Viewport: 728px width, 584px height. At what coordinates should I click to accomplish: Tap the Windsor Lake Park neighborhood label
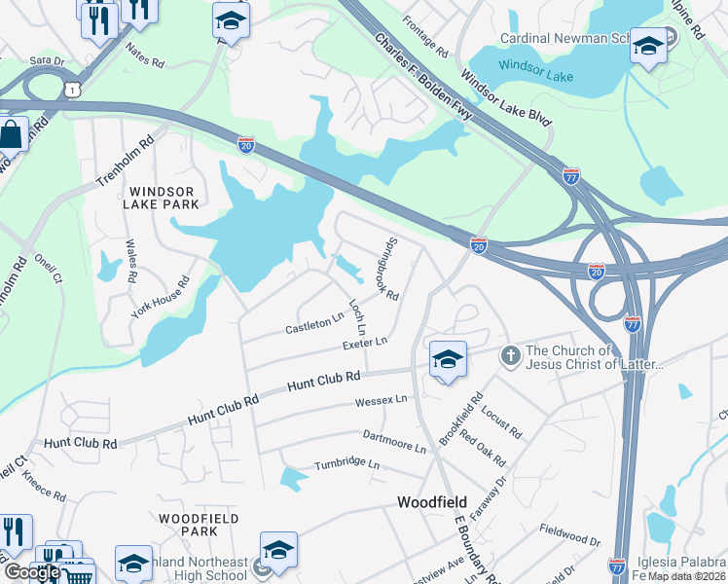click(162, 198)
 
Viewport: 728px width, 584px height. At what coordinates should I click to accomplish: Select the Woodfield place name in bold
click(435, 502)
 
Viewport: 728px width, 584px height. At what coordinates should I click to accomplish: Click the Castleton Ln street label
click(314, 322)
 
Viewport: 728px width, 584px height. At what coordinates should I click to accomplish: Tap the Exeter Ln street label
click(365, 344)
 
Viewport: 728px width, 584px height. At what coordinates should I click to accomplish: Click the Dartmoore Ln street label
click(394, 442)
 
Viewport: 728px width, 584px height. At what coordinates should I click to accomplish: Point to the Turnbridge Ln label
click(346, 465)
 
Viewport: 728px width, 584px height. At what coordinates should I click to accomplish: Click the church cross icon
click(510, 356)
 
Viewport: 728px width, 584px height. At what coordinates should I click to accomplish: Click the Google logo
click(32, 572)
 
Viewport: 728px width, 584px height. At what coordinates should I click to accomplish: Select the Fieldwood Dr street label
click(569, 534)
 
